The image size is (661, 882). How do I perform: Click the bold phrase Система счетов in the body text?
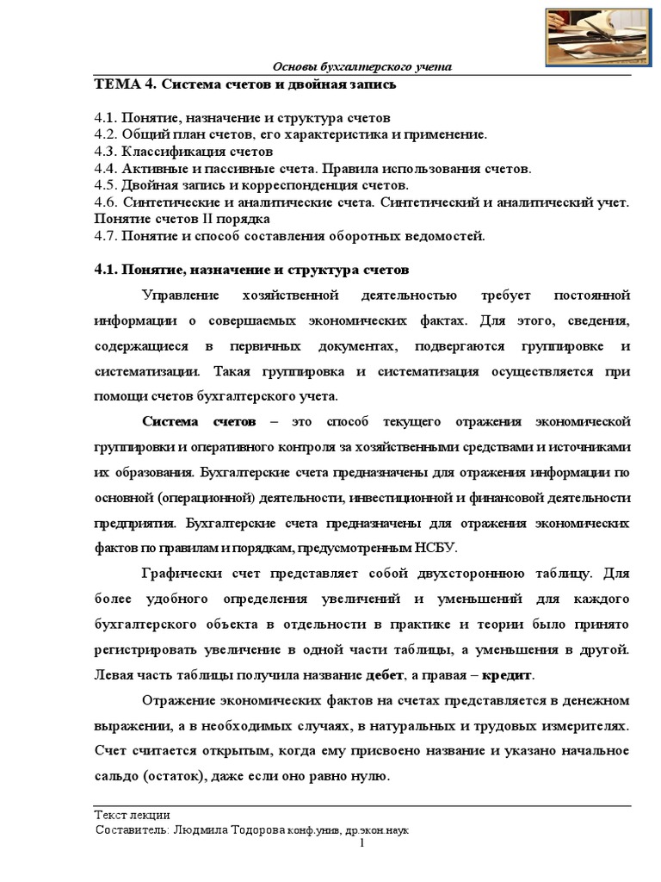[199, 422]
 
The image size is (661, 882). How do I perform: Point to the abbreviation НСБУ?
[437, 548]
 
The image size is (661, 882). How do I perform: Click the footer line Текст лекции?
[132, 815]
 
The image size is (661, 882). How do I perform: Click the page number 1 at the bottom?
[362, 844]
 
